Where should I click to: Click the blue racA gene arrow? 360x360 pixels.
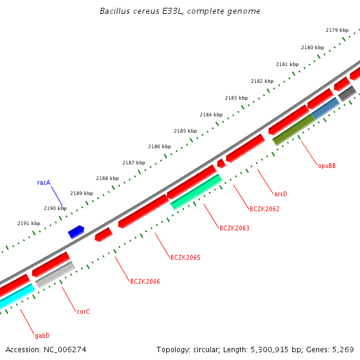click(x=76, y=232)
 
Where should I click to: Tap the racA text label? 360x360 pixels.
click(x=44, y=183)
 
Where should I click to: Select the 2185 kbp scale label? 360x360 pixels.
click(x=185, y=131)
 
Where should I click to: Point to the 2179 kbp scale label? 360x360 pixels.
click(x=337, y=30)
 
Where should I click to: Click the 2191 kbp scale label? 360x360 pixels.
click(x=28, y=223)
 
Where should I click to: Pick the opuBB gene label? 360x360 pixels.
click(x=327, y=166)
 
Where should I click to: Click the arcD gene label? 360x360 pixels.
click(x=281, y=194)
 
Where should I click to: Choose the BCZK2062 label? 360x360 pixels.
click(x=264, y=209)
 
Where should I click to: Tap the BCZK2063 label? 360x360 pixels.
click(x=234, y=229)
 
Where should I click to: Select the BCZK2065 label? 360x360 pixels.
click(x=185, y=258)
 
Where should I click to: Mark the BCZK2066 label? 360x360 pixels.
click(x=145, y=281)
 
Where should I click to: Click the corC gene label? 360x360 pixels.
click(x=83, y=312)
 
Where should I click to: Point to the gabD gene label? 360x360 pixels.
click(x=42, y=336)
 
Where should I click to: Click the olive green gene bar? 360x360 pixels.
click(x=293, y=130)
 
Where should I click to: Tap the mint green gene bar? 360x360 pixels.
click(x=196, y=192)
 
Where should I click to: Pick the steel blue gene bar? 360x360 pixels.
click(x=326, y=108)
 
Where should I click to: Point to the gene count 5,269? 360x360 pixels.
click(x=341, y=349)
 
